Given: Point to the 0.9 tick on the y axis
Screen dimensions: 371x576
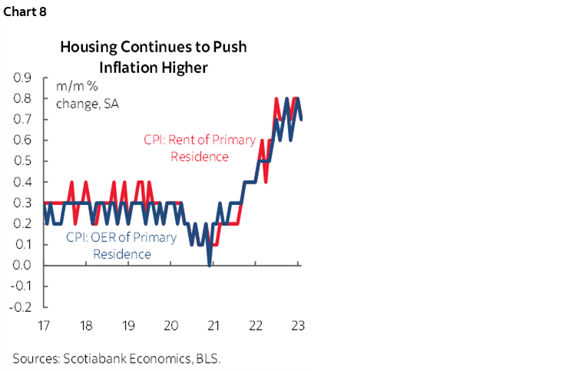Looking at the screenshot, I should [x=22, y=78].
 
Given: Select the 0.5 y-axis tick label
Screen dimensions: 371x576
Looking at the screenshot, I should [x=22, y=161].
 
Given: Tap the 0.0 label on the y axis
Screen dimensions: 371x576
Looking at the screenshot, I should [x=22, y=266].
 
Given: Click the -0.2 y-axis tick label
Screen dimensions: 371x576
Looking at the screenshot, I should [x=21, y=307].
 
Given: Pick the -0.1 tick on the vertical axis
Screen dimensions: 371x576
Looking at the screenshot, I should [x=21, y=287].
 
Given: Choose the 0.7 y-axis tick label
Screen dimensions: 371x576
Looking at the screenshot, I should [x=22, y=120].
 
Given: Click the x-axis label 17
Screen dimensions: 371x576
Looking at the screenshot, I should [x=44, y=324].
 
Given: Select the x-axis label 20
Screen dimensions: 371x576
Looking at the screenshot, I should [x=171, y=324].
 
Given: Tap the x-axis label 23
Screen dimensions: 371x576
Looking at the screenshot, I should [x=298, y=324].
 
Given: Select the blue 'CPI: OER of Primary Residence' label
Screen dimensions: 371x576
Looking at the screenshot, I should [x=121, y=245].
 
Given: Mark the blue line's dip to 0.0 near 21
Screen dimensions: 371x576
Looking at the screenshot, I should [x=210, y=265].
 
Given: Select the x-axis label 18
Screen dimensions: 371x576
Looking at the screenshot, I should [x=86, y=324].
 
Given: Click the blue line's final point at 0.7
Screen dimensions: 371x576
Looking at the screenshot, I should [x=300, y=119].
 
